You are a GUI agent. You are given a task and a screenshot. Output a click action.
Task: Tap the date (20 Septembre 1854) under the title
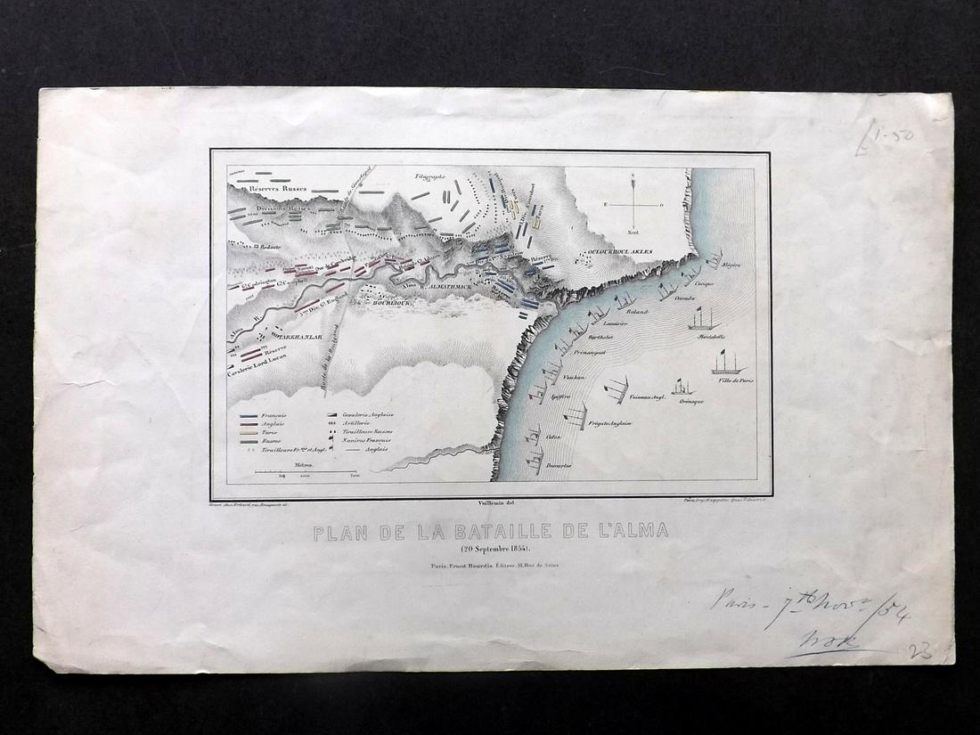(490, 547)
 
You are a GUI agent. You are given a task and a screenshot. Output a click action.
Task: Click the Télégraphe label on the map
(428, 177)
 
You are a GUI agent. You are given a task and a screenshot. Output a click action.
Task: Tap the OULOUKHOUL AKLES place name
(621, 252)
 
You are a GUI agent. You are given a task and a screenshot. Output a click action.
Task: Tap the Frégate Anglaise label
(608, 423)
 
